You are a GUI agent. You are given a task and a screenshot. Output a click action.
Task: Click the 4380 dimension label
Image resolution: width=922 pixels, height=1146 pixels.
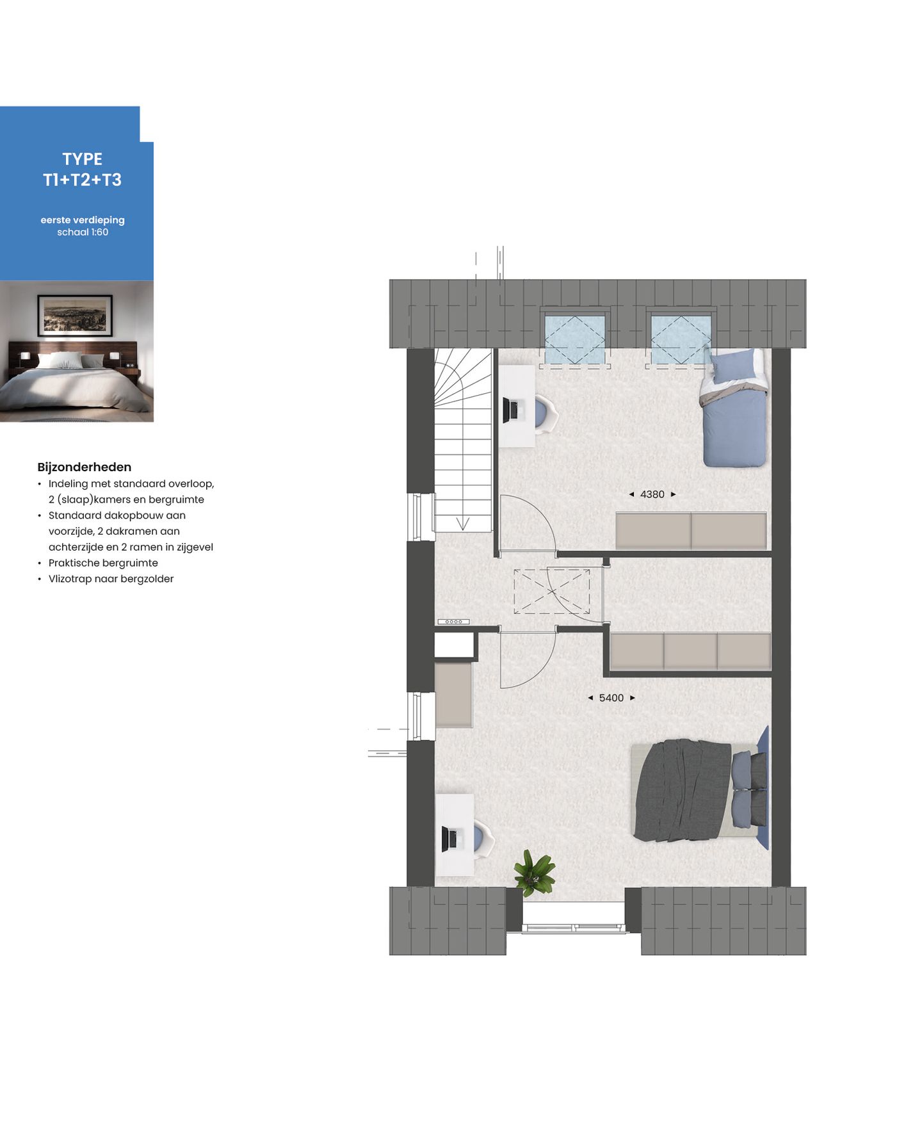[652, 494]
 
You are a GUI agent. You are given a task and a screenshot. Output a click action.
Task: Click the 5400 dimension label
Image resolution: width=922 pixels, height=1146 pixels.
[611, 698]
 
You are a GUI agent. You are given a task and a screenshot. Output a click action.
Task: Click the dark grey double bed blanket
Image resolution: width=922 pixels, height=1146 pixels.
[682, 790]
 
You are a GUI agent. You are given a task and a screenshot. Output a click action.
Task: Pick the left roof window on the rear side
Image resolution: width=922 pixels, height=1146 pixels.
[574, 340]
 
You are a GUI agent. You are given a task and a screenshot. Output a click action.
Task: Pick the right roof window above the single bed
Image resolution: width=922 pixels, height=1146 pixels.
[680, 340]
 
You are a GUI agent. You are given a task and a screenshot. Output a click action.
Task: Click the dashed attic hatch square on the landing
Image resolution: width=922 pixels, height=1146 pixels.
[551, 592]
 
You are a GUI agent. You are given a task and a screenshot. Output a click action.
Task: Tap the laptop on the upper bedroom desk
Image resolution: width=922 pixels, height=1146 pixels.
[512, 410]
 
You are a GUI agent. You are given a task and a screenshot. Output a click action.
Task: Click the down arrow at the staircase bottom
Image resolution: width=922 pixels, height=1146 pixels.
[462, 523]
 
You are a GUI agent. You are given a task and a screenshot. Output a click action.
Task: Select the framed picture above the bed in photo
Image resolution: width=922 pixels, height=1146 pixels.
[75, 315]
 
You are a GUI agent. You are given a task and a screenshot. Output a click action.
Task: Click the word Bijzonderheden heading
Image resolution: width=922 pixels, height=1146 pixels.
[84, 467]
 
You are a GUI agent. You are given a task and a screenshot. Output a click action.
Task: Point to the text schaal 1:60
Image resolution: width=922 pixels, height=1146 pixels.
[83, 232]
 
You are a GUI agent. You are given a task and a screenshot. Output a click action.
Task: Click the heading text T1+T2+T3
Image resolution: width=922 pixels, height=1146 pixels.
[82, 180]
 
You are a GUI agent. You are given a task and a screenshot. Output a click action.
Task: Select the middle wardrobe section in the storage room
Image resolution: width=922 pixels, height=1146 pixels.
[690, 651]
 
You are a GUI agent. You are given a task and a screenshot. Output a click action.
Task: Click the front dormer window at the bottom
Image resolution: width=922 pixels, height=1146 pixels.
[574, 927]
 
